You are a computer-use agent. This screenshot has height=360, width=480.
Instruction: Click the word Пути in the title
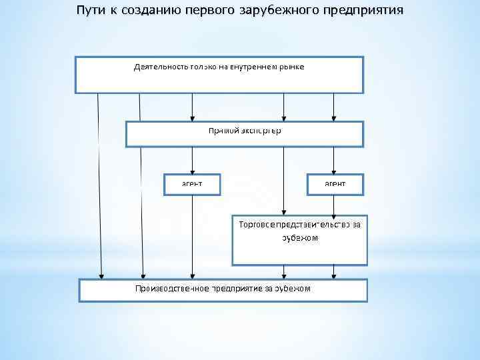coord(90,11)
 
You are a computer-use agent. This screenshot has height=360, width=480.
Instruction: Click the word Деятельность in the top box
coord(159,68)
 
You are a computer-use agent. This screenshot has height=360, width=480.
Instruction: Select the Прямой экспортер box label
coord(245,131)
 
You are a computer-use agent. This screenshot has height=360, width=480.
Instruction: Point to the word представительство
coord(311,225)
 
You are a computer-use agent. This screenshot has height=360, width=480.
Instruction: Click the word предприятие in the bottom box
coord(238,289)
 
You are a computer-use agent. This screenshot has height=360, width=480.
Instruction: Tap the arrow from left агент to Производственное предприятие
coord(193,237)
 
